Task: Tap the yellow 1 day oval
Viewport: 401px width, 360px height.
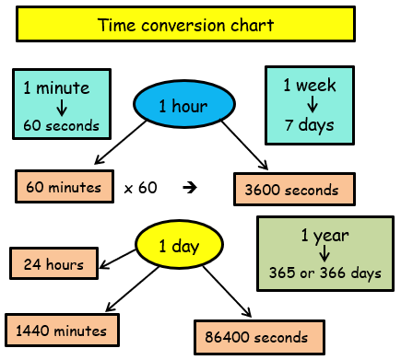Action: pyautogui.click(x=180, y=246)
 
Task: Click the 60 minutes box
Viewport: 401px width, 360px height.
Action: pyautogui.click(x=63, y=188)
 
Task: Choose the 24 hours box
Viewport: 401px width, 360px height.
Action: pyautogui.click(x=53, y=265)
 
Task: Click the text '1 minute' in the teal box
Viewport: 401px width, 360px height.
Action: pyautogui.click(x=56, y=89)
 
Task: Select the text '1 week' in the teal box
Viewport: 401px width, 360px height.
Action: pyautogui.click(x=311, y=86)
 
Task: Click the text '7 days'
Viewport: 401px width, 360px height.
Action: pyautogui.click(x=311, y=122)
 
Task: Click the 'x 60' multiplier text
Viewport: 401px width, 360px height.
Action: pyautogui.click(x=140, y=188)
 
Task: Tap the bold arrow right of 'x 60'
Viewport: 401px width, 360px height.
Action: pyautogui.click(x=191, y=188)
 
